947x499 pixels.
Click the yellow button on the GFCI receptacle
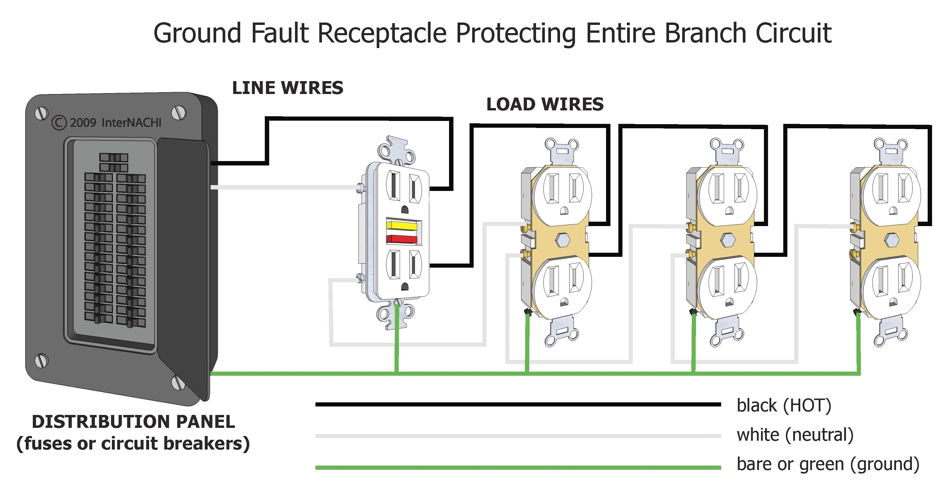pos(402,225)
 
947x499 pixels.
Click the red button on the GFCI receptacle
pos(402,239)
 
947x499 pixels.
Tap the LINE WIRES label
pos(287,88)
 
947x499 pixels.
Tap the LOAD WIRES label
pos(545,104)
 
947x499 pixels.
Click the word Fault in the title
pos(279,33)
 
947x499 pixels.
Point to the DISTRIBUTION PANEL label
pos(133,421)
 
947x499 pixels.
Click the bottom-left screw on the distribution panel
pos(41,361)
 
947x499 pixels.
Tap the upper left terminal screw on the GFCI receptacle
pos(360,188)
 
